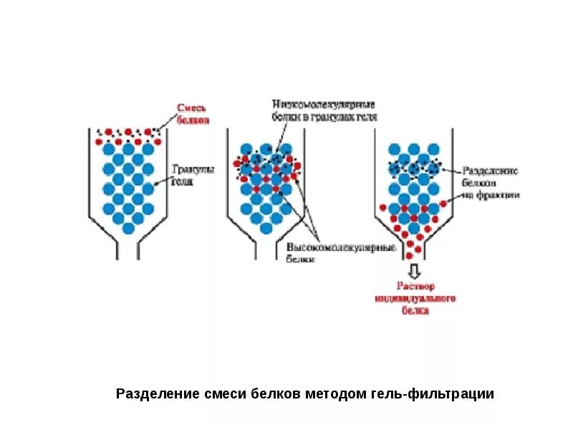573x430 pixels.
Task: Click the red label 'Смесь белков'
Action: tap(193, 115)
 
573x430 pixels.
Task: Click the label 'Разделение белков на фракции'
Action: tap(490, 183)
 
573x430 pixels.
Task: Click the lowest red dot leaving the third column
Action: tap(410, 255)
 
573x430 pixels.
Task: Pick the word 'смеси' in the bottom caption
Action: tap(219, 394)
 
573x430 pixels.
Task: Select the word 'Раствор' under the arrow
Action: tap(416, 286)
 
